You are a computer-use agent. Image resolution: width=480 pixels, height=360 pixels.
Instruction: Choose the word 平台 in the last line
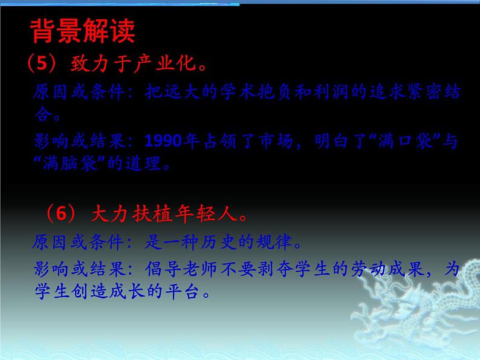(187, 291)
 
